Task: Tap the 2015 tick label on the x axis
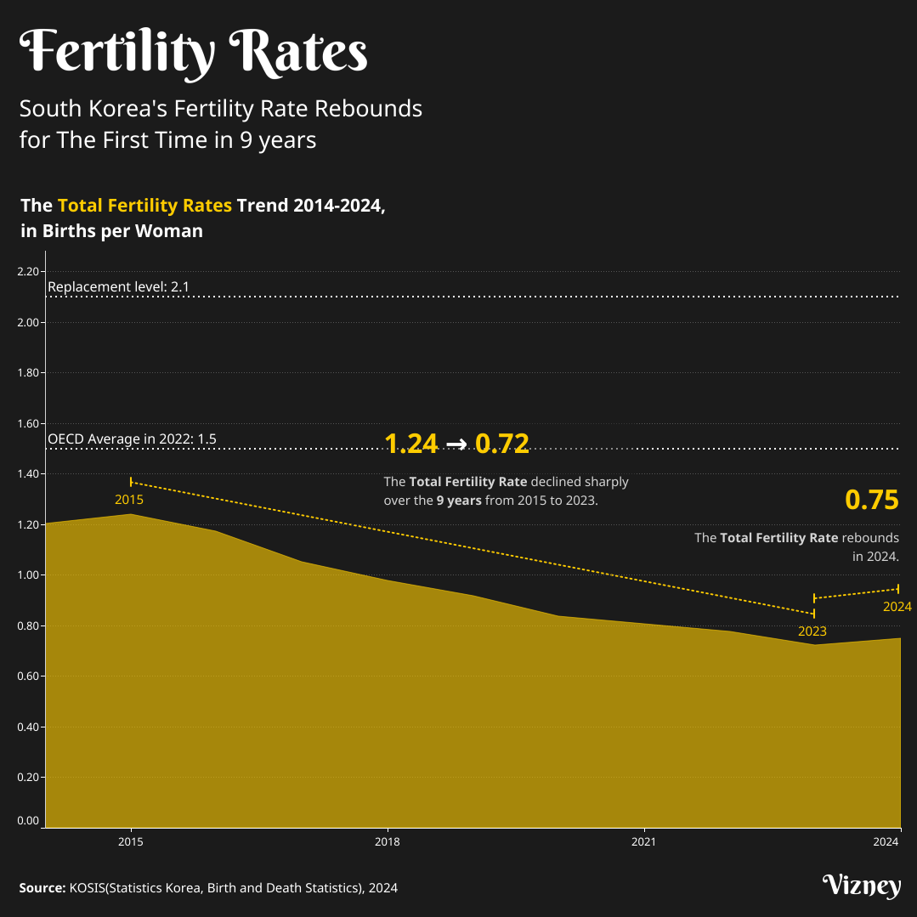130,841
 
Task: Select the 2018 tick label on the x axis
388,841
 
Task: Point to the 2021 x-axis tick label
643,841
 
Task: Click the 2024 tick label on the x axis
886,841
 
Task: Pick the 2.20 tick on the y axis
28,272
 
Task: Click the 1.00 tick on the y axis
28,575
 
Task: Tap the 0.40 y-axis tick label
28,727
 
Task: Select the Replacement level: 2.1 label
118,287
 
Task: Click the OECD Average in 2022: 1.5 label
132,439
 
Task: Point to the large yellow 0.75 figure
871,500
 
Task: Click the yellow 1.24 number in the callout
411,444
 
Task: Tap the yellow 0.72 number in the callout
501,444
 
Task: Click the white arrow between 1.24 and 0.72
456,444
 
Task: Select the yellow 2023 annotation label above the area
812,631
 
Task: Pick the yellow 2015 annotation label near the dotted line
129,500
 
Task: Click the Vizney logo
861,886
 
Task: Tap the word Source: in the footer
42,888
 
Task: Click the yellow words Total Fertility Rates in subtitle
144,206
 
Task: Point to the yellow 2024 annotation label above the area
897,607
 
